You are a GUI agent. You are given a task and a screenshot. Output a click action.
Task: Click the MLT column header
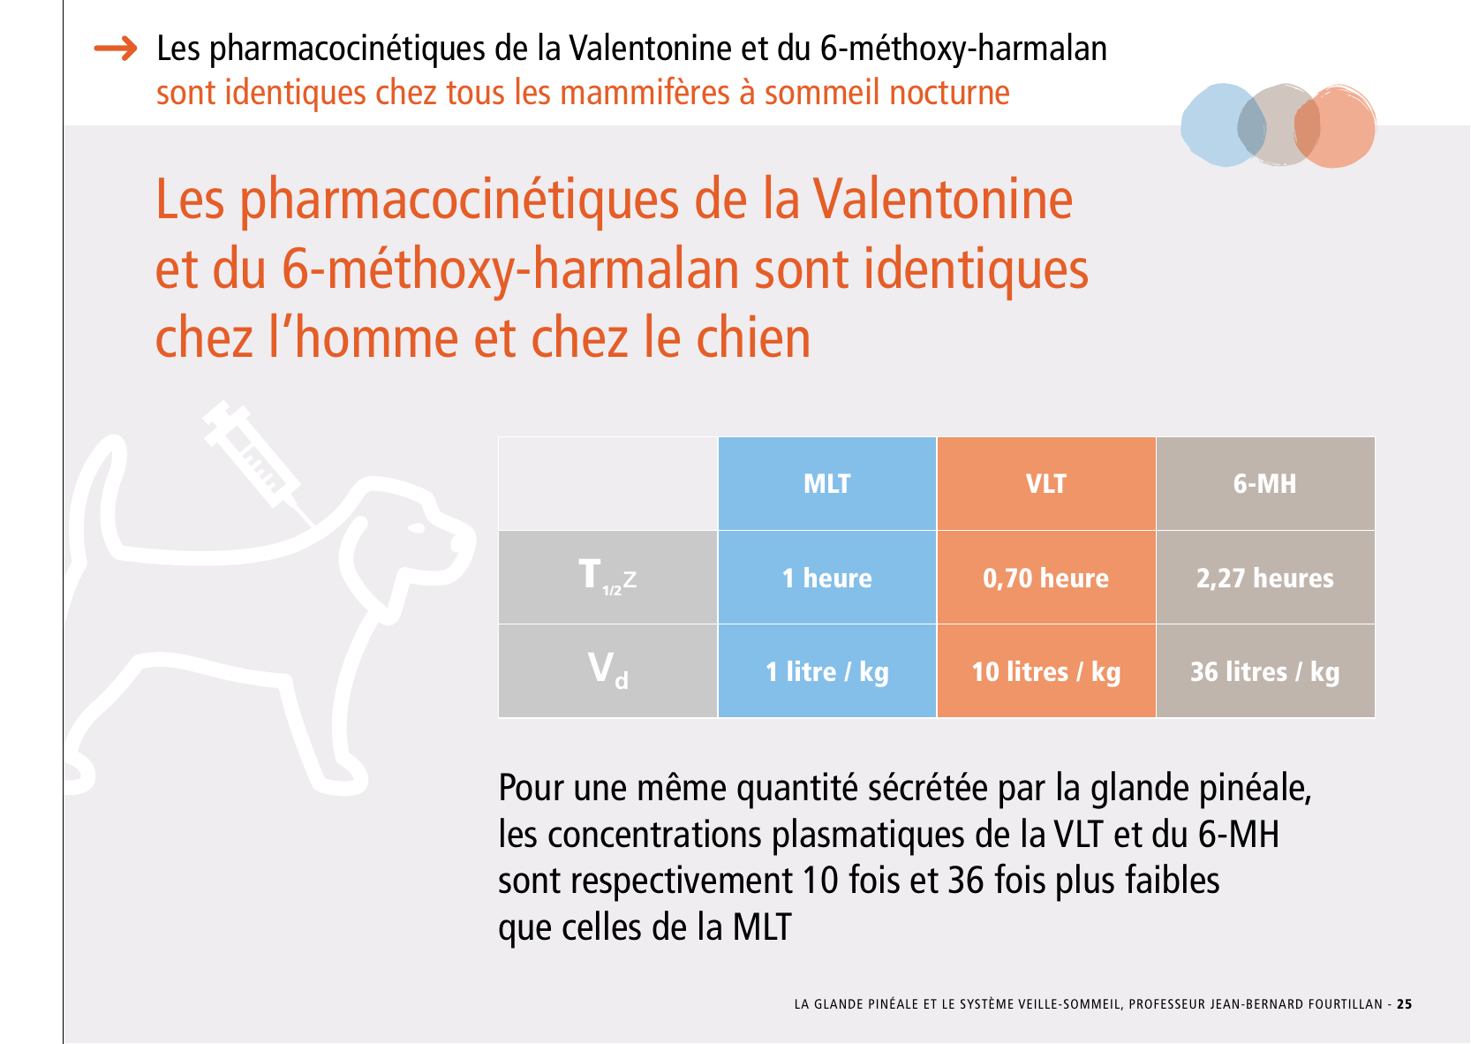tap(826, 484)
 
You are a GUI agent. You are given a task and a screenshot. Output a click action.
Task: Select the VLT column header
tap(1045, 484)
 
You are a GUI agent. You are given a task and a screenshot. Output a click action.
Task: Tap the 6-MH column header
tap(1264, 484)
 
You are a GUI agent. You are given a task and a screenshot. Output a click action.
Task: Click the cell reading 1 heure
tap(826, 578)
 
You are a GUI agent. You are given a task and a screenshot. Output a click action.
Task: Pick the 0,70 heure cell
tap(1045, 578)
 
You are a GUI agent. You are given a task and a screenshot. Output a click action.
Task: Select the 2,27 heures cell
tap(1264, 578)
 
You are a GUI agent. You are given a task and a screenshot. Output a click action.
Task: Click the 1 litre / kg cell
tap(826, 671)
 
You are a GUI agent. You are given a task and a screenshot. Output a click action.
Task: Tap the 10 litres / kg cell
tap(1045, 671)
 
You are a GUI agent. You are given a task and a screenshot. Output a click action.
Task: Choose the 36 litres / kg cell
tap(1264, 671)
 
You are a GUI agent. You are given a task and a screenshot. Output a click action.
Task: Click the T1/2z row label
tap(607, 578)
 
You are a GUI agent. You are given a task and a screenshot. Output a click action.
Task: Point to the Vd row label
tap(607, 670)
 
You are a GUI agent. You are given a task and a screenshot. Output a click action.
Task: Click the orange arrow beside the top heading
tap(116, 49)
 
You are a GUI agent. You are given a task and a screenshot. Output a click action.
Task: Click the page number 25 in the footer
tap(1404, 1004)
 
